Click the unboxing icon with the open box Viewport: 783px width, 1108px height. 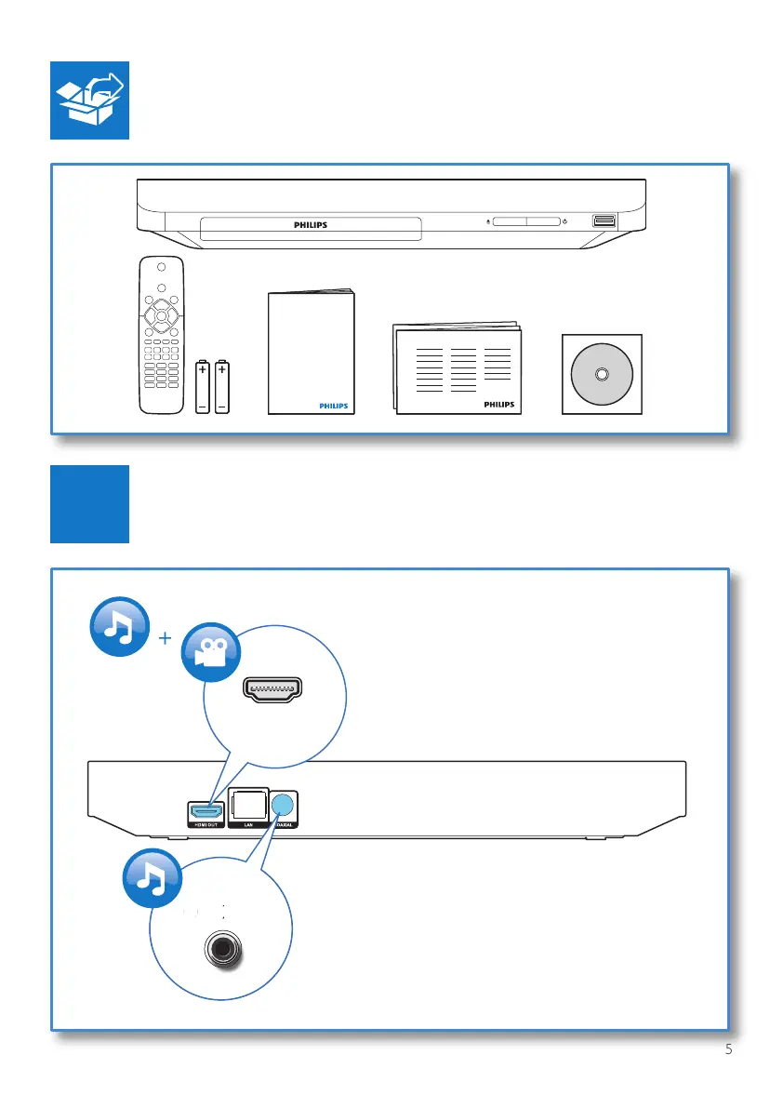coord(89,100)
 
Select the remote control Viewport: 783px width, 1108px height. coord(161,335)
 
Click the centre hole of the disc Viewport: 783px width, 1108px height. coord(600,375)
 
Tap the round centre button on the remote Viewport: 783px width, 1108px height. coord(161,316)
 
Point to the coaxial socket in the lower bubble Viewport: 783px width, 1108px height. coord(221,950)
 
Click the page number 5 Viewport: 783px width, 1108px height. coord(729,1050)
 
